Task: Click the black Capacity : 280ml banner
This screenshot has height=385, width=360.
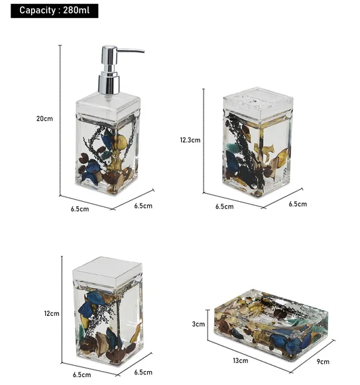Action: [54, 11]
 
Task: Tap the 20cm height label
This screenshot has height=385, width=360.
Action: [44, 119]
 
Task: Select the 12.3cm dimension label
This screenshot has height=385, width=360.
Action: [190, 140]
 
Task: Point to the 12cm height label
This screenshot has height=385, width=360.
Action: [52, 313]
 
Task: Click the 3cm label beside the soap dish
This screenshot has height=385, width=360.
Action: [198, 324]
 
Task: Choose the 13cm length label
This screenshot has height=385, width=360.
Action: [240, 360]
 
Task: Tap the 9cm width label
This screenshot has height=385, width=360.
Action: [323, 361]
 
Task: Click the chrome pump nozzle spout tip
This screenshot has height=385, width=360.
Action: [143, 51]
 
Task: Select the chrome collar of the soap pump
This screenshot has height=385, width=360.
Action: [109, 84]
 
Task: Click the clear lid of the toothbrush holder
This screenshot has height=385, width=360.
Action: [258, 102]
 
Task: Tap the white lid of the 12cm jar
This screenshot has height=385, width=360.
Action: [107, 270]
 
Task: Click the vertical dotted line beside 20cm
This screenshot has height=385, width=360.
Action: [60, 120]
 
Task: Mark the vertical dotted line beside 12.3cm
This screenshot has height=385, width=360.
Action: [204, 141]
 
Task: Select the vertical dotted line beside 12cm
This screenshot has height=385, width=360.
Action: [62, 309]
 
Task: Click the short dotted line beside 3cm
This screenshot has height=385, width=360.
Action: [208, 325]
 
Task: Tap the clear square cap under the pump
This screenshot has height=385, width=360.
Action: [108, 105]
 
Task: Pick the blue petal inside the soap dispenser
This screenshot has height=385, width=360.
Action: [107, 141]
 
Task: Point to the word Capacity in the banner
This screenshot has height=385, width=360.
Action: [38, 11]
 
